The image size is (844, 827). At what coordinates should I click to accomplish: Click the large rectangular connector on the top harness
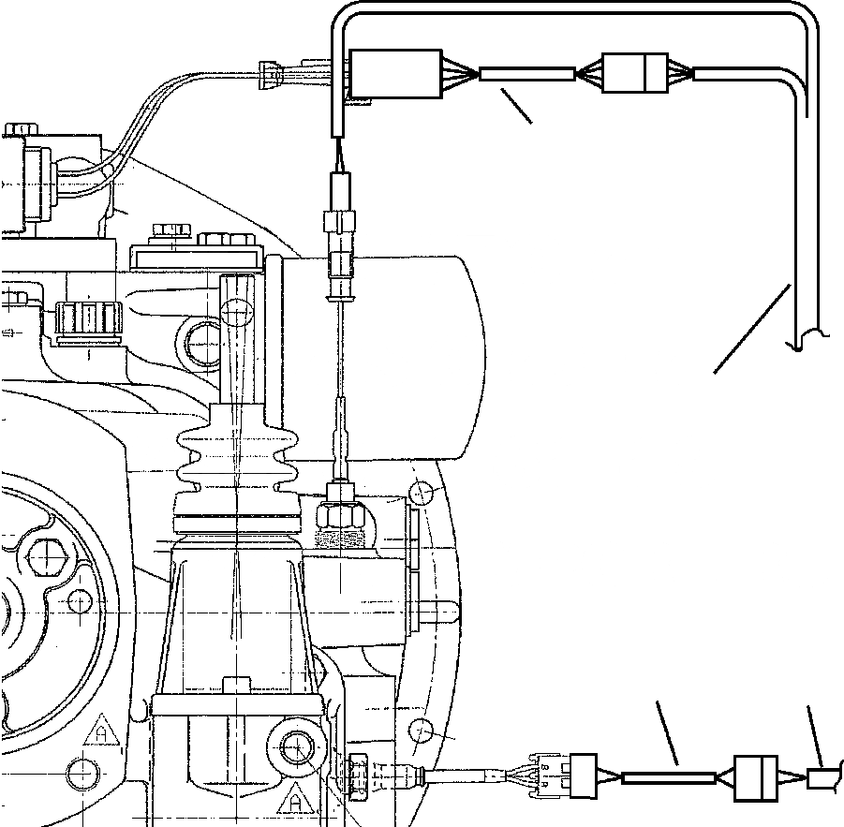394,74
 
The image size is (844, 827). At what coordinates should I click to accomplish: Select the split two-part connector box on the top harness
634,73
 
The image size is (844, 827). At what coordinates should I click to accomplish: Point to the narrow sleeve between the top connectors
526,73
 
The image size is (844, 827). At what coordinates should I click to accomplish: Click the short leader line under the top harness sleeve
515,105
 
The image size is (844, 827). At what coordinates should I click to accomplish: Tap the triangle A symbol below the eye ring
294,803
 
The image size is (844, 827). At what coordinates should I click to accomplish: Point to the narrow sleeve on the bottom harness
669,777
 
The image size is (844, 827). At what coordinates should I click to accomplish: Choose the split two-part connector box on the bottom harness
758,777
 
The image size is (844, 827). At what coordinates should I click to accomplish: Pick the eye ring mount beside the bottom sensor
298,747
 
